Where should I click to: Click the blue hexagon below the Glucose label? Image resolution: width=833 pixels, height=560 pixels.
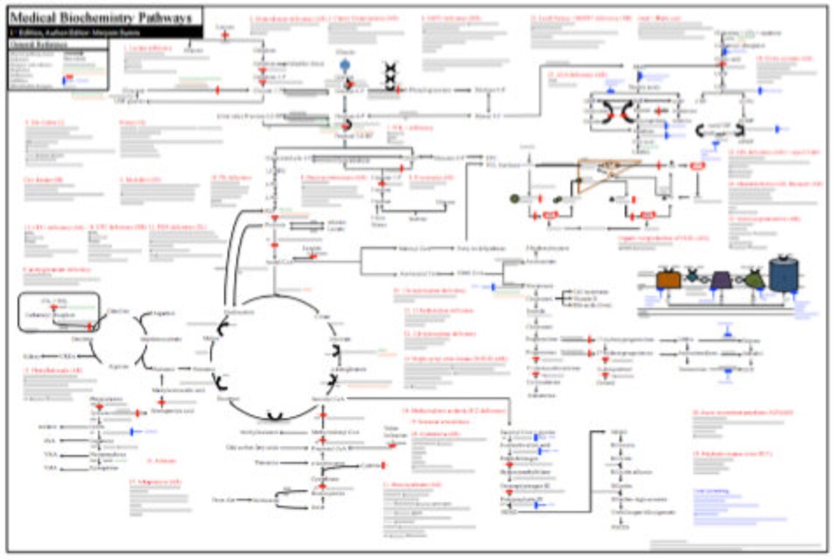click(x=345, y=66)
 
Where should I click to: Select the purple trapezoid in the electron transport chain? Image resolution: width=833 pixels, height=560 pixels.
click(x=720, y=279)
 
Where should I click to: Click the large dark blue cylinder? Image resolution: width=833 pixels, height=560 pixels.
click(x=783, y=275)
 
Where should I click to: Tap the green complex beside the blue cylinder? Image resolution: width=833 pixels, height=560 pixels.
click(x=754, y=279)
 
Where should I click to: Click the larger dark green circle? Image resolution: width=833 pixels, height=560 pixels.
click(x=514, y=198)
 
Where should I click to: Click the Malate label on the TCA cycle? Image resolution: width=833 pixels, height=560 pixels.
click(x=211, y=338)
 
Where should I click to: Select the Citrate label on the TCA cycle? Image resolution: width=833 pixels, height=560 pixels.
click(x=322, y=316)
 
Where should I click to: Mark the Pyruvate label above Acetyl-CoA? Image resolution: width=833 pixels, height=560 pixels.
click(x=275, y=226)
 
